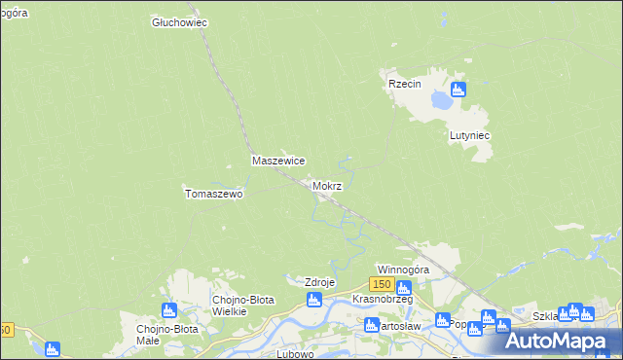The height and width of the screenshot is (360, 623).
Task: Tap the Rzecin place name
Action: point(404,84)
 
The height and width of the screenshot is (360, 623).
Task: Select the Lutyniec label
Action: point(468,136)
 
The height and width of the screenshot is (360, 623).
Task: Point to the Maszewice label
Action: point(279,161)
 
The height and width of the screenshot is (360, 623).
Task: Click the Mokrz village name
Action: point(327,185)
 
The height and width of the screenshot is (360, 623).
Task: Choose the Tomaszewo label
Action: point(213,194)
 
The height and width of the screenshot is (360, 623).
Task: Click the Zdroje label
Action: point(320,282)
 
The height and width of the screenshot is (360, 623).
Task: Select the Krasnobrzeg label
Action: point(383,299)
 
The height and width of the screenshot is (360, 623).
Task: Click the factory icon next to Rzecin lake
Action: point(458,90)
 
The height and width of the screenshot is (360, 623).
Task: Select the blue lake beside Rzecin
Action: point(441,98)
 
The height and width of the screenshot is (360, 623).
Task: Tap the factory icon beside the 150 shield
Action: point(404,286)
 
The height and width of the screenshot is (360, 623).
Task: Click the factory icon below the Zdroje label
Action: point(314,302)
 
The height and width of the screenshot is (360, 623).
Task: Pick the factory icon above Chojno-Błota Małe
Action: point(169,310)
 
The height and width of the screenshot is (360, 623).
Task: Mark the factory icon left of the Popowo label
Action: point(443,320)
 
